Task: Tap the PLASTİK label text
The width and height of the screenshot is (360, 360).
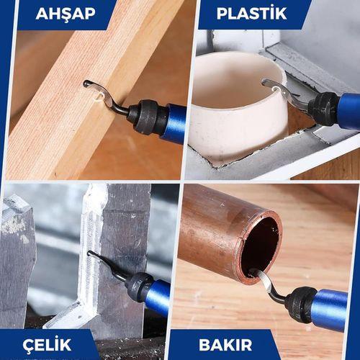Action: pos(251,14)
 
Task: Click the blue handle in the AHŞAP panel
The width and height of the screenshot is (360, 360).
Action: pos(176,123)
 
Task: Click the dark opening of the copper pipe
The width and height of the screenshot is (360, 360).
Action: pos(261,245)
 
